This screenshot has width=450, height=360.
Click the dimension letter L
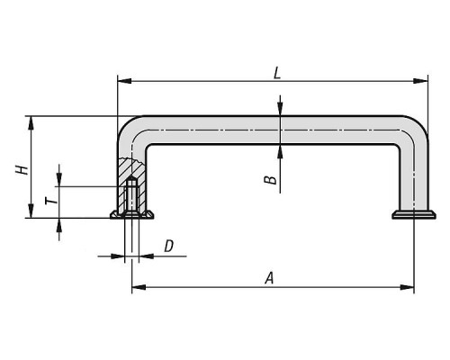click(277, 73)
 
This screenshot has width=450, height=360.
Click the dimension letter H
click(22, 170)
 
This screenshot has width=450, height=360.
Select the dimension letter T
click(51, 201)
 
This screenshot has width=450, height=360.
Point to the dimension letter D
click(169, 246)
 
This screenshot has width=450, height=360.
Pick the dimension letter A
click(270, 278)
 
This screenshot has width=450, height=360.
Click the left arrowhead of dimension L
click(124, 81)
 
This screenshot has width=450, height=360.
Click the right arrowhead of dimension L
click(420, 81)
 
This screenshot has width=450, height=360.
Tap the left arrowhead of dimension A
click(139, 287)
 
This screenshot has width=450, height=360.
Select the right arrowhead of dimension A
click(407, 287)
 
